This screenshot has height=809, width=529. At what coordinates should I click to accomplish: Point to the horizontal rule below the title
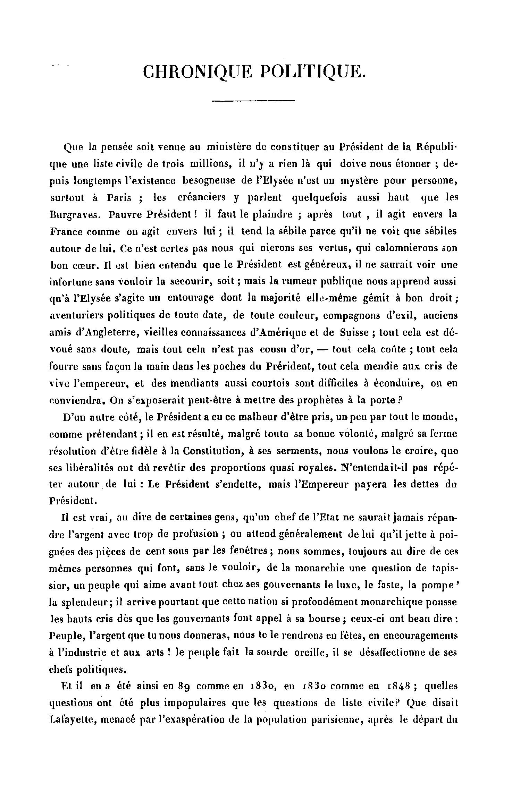(253, 101)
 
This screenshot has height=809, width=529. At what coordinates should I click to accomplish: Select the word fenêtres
(247, 551)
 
